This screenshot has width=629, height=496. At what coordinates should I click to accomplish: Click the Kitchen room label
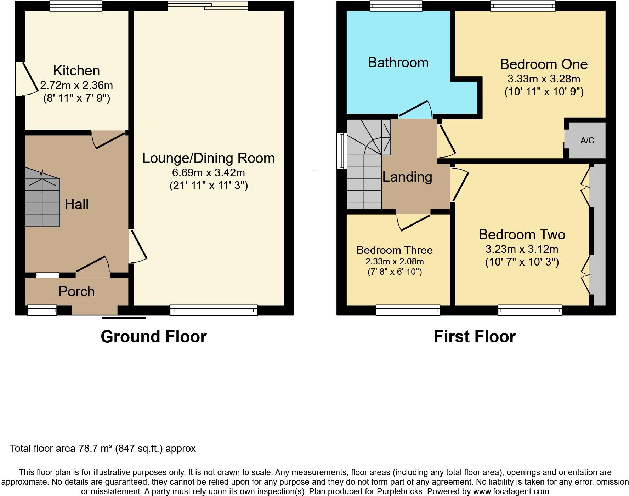coord(76,70)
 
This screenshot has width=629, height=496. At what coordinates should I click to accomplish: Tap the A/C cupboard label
coord(587,141)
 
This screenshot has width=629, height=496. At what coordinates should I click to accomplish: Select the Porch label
coord(76,292)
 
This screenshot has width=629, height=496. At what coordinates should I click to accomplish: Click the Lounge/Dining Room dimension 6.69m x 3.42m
coord(209,173)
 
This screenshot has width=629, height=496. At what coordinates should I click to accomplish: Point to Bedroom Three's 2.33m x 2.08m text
coord(395,262)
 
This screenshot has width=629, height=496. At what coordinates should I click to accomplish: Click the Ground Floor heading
coord(153,337)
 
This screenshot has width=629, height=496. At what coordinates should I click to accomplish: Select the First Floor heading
coord(475,337)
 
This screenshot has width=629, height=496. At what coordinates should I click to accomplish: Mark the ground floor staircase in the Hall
coord(42,198)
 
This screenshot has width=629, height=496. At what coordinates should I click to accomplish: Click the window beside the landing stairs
coord(342,151)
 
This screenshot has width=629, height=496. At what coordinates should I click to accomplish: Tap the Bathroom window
coord(396,6)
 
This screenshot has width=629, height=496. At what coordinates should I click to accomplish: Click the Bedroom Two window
coord(530,310)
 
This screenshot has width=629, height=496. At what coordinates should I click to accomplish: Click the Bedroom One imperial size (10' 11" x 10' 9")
coord(544,92)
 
